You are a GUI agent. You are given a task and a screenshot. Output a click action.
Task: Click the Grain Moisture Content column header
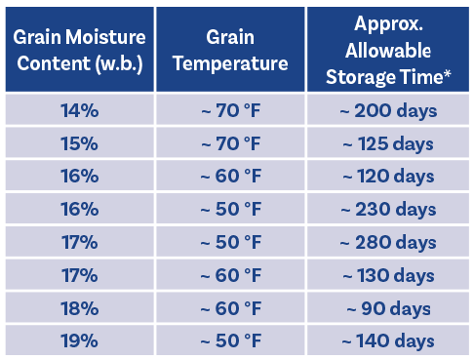tap(80, 49)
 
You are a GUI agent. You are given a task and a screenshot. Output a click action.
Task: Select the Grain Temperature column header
tap(230, 49)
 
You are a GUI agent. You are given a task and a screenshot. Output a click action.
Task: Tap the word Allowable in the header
tap(388, 51)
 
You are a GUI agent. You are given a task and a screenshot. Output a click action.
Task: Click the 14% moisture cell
tap(80, 109)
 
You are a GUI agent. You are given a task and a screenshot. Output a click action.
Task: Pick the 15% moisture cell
tap(80, 142)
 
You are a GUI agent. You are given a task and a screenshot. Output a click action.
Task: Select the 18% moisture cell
tap(80, 307)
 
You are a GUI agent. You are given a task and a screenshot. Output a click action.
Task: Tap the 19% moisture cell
tap(80, 340)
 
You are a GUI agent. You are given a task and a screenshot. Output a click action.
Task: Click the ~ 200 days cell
tap(388, 109)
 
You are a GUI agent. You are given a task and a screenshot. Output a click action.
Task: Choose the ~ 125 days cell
tap(388, 142)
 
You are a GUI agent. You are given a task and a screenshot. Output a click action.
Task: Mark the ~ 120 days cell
tap(388, 176)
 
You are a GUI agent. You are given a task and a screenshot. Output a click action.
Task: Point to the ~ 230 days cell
tap(388, 209)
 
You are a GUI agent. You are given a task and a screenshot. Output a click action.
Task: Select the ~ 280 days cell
tap(388, 241)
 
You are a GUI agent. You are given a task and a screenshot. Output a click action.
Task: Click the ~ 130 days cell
tap(388, 274)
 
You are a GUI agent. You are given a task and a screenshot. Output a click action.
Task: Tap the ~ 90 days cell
tap(388, 307)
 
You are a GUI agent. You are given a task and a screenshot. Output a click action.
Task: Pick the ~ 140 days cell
tap(388, 340)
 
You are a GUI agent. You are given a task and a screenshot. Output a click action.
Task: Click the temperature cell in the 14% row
tap(230, 109)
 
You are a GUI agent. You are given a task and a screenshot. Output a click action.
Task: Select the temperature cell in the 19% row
tap(230, 340)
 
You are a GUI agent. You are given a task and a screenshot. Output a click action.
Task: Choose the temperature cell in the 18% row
tap(230, 307)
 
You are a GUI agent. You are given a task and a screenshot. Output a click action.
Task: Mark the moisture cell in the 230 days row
tap(80, 209)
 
